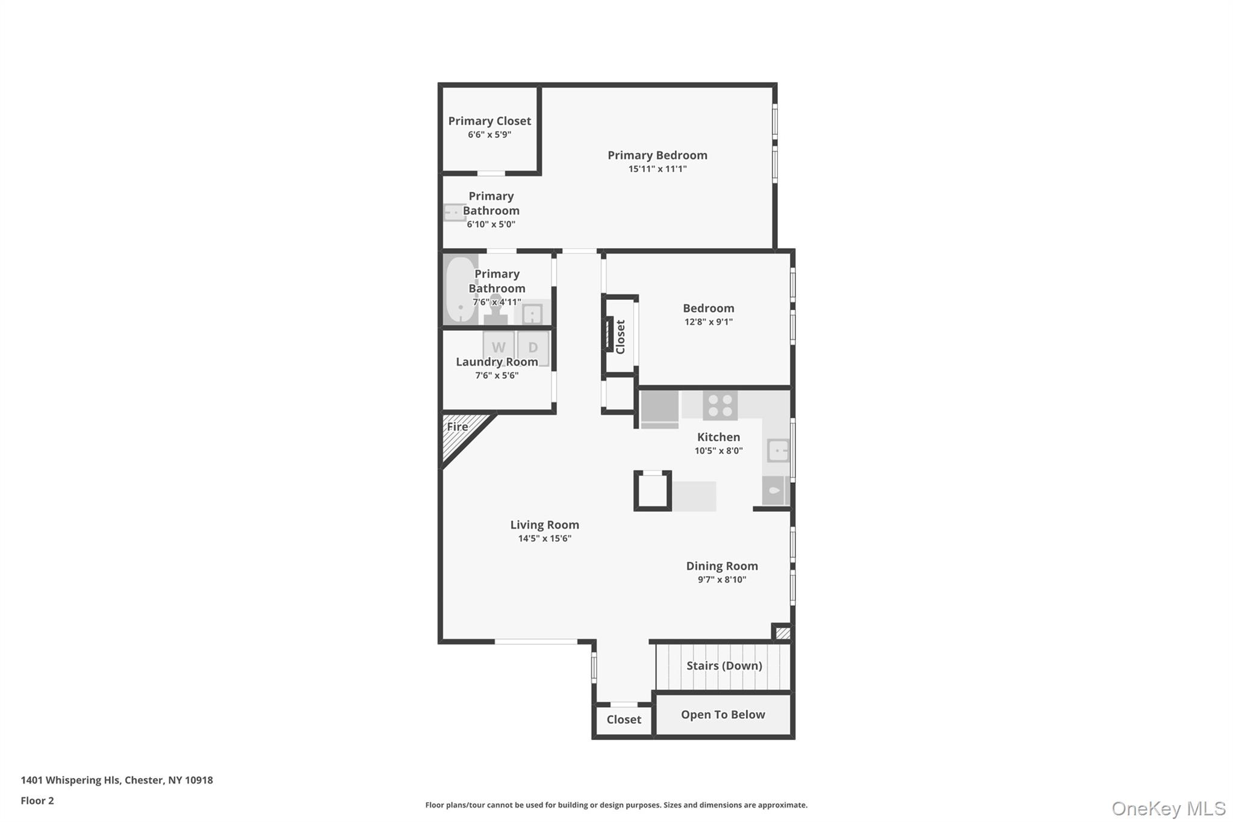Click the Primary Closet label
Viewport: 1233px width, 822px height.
pyautogui.click(x=489, y=121)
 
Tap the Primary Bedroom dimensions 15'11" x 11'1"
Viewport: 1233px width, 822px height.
pyautogui.click(x=657, y=169)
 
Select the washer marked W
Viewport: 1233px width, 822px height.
pyautogui.click(x=498, y=347)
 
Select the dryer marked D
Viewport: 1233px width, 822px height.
pyautogui.click(x=533, y=347)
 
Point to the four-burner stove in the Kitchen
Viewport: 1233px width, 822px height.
pyautogui.click(x=720, y=405)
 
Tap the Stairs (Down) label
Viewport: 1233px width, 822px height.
pyautogui.click(x=724, y=665)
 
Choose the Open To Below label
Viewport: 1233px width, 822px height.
pyautogui.click(x=722, y=715)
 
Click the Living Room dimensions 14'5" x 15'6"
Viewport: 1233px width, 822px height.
pyautogui.click(x=544, y=538)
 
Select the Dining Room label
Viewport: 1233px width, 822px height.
pyautogui.click(x=722, y=566)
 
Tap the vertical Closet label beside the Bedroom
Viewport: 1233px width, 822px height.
pyautogui.click(x=621, y=337)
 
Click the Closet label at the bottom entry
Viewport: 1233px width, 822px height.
pyautogui.click(x=624, y=720)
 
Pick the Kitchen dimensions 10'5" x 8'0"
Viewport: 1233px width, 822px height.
pyautogui.click(x=718, y=450)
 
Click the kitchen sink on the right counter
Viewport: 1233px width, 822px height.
pyautogui.click(x=778, y=450)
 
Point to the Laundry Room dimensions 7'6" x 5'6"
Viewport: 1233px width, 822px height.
pyautogui.click(x=497, y=376)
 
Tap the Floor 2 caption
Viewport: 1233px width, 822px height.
pyautogui.click(x=37, y=801)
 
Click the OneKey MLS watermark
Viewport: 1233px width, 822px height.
pyautogui.click(x=1168, y=808)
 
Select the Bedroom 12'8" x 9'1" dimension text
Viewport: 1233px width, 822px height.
pyautogui.click(x=708, y=322)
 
